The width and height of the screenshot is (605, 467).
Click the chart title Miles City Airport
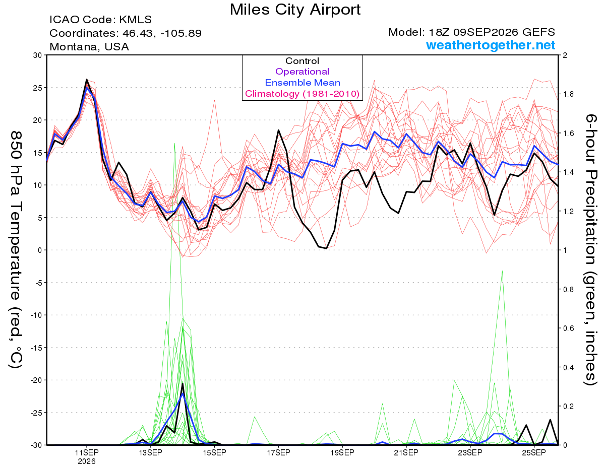pyautogui.click(x=295, y=10)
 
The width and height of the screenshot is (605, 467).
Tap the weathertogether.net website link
pyautogui.click(x=491, y=45)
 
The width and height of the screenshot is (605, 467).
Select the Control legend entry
pyautogui.click(x=302, y=61)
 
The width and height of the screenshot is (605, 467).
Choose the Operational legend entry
pyautogui.click(x=302, y=72)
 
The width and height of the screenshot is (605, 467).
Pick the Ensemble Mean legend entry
pyautogui.click(x=302, y=83)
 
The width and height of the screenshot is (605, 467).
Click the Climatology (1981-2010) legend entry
pyautogui.click(x=302, y=94)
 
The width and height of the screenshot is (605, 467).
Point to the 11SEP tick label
pyautogui.click(x=87, y=452)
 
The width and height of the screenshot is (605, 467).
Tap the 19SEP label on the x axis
pyautogui.click(x=342, y=452)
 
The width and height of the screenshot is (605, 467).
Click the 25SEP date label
pyautogui.click(x=534, y=452)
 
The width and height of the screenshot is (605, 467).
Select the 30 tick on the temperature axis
pyautogui.click(x=38, y=55)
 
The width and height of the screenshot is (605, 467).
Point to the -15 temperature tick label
pyautogui.click(x=36, y=348)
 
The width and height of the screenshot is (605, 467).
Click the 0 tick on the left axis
pyautogui.click(x=40, y=250)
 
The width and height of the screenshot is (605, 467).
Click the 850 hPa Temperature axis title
pyautogui.click(x=16, y=249)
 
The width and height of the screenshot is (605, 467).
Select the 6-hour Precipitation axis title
pyautogui.click(x=590, y=249)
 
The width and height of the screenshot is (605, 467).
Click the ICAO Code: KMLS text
pyautogui.click(x=100, y=20)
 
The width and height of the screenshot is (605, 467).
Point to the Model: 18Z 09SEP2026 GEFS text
pyautogui.click(x=471, y=32)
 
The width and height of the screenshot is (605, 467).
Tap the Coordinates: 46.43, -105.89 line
pyautogui.click(x=126, y=33)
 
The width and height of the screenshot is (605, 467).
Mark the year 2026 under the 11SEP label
pyautogui.click(x=87, y=461)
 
